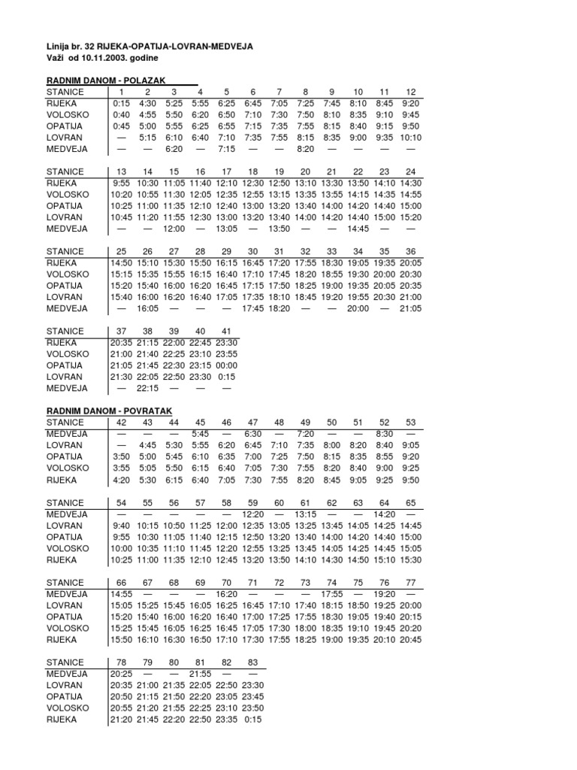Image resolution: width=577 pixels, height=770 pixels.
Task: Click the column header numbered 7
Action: [x=279, y=92]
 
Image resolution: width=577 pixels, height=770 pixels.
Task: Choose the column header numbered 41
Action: [x=226, y=331]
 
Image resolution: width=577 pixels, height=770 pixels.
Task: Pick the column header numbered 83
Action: [x=252, y=662]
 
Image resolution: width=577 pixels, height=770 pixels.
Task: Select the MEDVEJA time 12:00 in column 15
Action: [x=174, y=229]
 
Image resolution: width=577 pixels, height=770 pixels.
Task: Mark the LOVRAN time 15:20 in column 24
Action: [x=410, y=217]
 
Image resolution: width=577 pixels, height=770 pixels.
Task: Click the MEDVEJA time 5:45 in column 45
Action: [x=201, y=434]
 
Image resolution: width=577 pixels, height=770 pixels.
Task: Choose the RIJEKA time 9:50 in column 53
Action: [x=410, y=479]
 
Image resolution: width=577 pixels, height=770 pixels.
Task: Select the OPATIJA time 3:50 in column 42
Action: [x=122, y=456]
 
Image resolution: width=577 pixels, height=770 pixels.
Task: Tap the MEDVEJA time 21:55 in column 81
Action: [x=200, y=674]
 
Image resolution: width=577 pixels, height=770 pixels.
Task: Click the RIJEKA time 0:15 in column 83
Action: [x=253, y=719]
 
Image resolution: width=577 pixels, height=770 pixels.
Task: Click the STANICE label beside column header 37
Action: [x=65, y=331]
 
